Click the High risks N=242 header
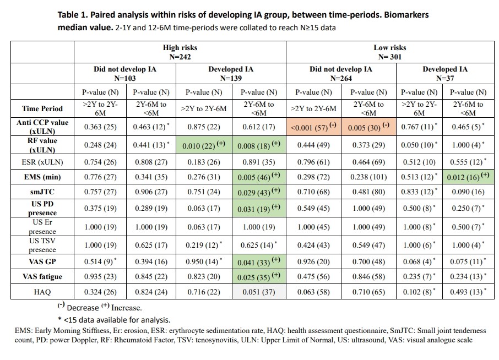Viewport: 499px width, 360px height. (180, 52)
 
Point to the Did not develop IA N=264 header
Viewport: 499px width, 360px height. (340, 73)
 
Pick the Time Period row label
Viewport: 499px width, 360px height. (42, 108)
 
